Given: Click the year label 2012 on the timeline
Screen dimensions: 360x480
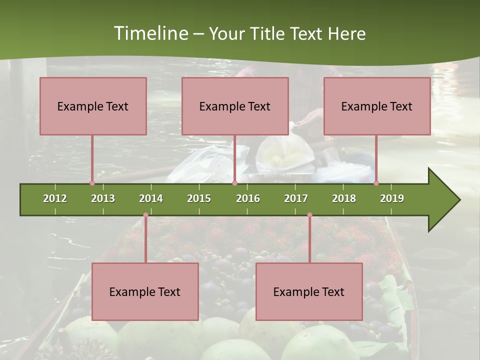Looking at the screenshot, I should [x=55, y=198].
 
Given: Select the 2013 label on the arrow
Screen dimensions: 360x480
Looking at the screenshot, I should [x=103, y=198].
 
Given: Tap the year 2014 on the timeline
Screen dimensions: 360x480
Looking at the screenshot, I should [x=151, y=198].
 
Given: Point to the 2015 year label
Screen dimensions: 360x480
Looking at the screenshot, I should [x=199, y=198].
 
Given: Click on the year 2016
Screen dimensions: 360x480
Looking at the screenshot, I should [x=248, y=198].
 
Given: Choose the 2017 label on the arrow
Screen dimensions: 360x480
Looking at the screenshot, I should [x=296, y=198].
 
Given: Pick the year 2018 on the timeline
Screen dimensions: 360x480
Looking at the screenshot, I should [x=344, y=198].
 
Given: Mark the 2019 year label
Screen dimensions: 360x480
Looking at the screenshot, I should [x=392, y=198].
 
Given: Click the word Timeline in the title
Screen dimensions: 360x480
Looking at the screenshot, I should [x=149, y=33].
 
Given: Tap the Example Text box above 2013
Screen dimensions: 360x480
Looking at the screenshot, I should [x=93, y=106].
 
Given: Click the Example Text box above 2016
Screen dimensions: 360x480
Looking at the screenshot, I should [x=235, y=106].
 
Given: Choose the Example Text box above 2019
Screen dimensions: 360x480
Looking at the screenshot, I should [x=377, y=106].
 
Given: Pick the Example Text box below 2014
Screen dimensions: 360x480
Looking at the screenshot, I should [x=145, y=291].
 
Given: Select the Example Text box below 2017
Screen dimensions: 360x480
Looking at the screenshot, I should [x=309, y=291].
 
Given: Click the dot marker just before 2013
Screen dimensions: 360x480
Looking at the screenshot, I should [x=92, y=183].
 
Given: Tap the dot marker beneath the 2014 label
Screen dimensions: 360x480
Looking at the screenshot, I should [x=145, y=215].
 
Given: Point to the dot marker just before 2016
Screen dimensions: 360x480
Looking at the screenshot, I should [x=234, y=183].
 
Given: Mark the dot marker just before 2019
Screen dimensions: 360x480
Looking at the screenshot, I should [x=376, y=183].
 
